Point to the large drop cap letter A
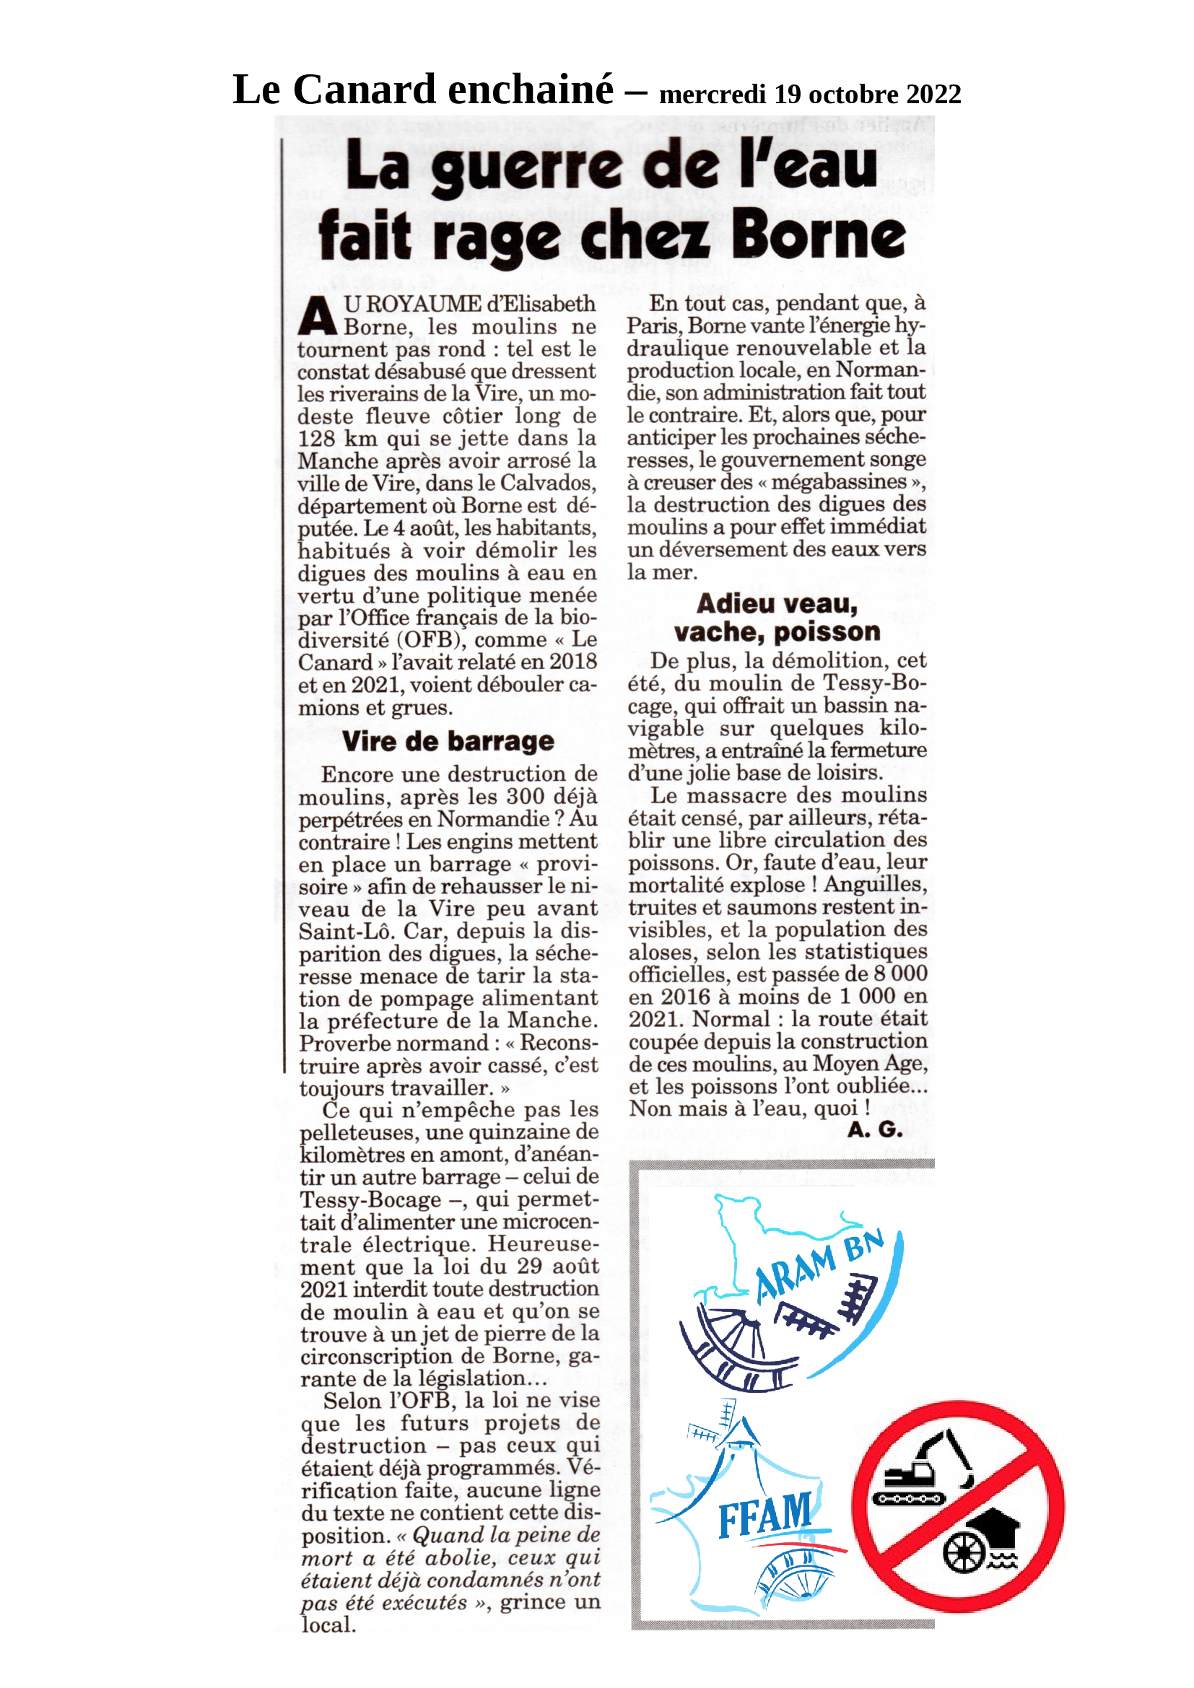pos(318,316)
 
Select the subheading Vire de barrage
pos(448,741)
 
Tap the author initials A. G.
pos(874,1130)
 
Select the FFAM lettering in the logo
pos(764,1516)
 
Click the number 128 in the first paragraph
pos(318,439)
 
